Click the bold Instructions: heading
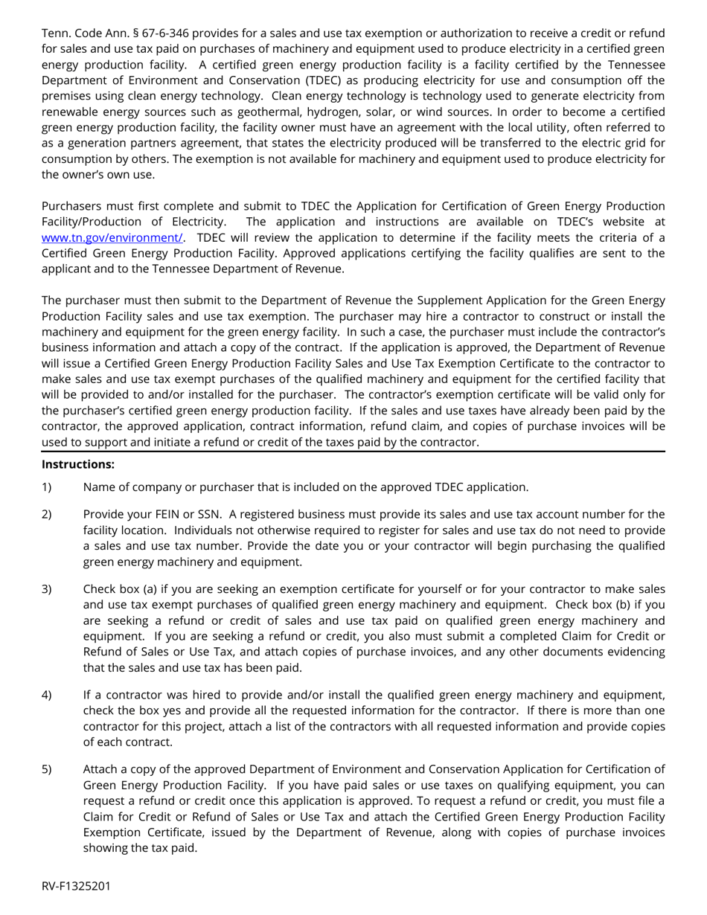click(78, 464)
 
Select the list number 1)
click(47, 487)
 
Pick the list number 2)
click(47, 514)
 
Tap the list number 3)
click(47, 589)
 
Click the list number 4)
click(47, 695)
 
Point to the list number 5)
click(47, 769)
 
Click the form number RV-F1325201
click(77, 886)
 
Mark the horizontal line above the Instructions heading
click(353, 452)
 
